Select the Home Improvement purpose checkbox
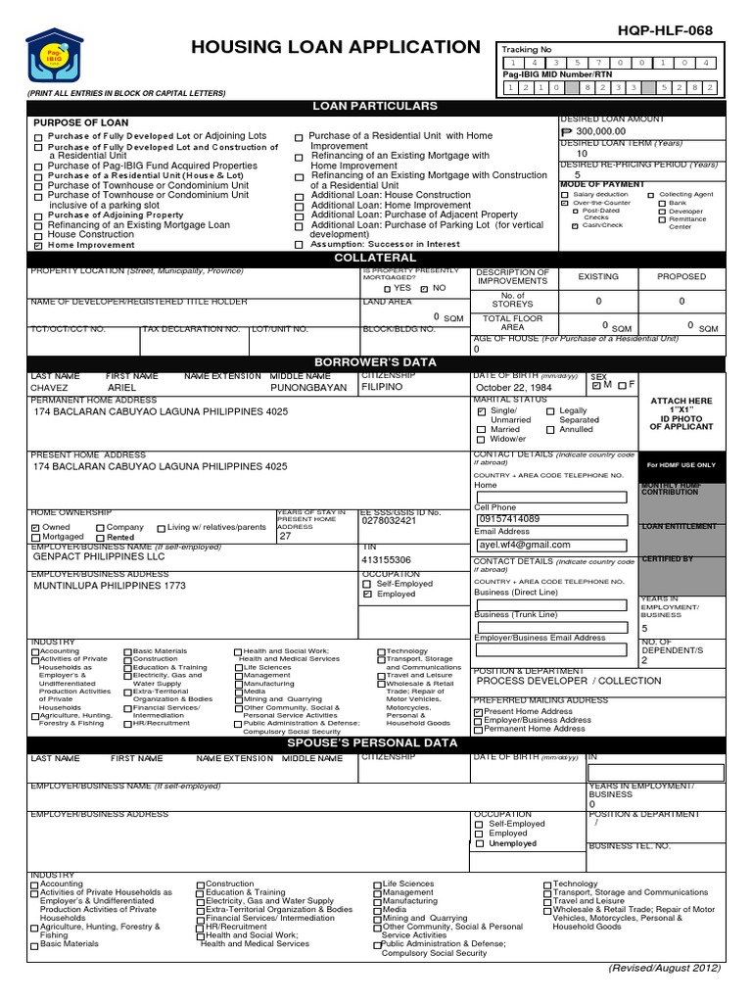coord(39,246)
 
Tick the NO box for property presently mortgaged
coord(423,289)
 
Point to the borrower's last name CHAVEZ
coord(52,387)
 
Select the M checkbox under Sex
coord(596,385)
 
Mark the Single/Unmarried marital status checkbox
coord(481,411)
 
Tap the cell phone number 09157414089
coord(508,519)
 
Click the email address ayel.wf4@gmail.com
coord(524,544)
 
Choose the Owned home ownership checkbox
coord(36,527)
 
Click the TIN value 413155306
coord(387,560)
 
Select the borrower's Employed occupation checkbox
coord(367,594)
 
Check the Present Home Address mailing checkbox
coord(478,712)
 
